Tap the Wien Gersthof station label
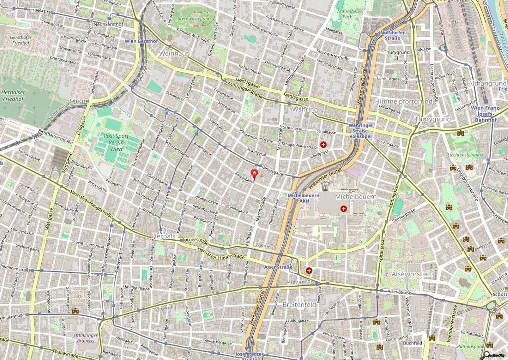141,41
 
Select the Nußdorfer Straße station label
390,35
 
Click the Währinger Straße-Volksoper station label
360,131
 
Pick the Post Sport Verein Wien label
116,142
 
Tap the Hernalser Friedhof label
13,95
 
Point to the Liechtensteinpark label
465,155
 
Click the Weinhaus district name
174,53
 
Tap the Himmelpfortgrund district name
403,101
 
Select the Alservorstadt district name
412,274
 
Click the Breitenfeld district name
299,304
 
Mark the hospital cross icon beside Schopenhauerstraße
323,144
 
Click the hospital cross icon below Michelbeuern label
344,209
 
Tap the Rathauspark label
470,346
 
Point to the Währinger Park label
347,14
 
